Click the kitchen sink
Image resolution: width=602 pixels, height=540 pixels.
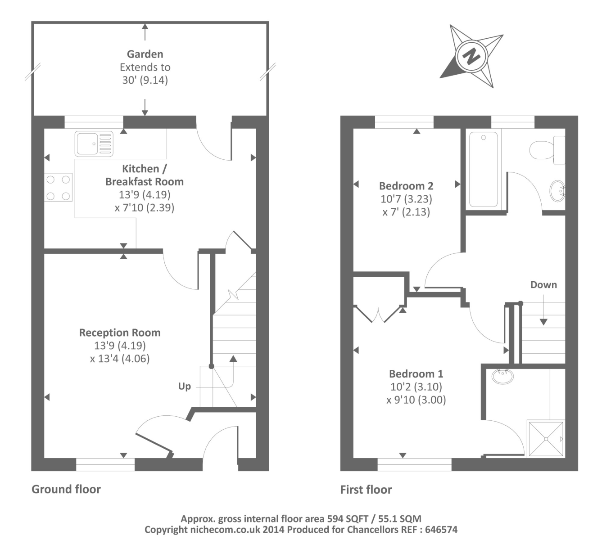click(94, 144)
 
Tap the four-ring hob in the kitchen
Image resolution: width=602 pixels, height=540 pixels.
click(58, 188)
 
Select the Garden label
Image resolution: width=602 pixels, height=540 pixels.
click(145, 54)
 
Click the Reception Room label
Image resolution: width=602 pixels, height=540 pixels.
click(120, 333)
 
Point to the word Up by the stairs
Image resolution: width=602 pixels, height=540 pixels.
click(184, 387)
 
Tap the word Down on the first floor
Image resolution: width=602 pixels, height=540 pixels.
click(543, 285)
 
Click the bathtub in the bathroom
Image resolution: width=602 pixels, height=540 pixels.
click(484, 169)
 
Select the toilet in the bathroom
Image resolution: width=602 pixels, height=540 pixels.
click(546, 150)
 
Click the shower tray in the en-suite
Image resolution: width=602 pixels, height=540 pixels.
click(546, 439)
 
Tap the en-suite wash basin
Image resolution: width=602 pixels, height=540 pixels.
click(502, 376)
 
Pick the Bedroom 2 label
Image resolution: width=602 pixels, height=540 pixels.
click(406, 186)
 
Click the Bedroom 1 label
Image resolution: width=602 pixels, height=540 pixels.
click(416, 373)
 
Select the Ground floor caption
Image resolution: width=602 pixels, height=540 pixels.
click(66, 489)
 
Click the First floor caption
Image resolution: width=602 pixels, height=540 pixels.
click(366, 490)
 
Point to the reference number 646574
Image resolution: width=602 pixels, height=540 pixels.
click(441, 529)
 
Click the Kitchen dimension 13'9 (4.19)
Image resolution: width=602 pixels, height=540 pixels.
click(145, 195)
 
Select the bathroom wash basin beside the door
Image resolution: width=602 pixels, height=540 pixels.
click(557, 190)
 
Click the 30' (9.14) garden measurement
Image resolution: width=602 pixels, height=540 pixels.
click(145, 80)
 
